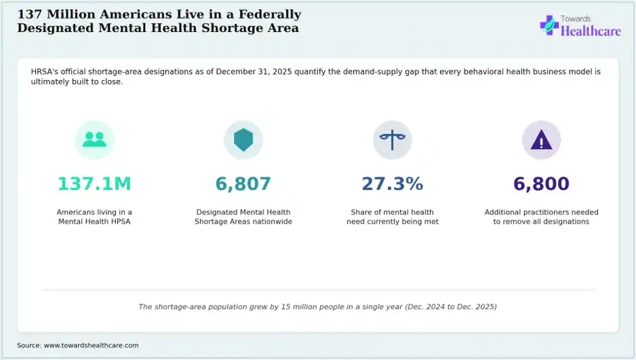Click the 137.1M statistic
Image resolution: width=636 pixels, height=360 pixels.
click(x=94, y=184)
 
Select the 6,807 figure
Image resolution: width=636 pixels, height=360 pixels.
click(x=243, y=184)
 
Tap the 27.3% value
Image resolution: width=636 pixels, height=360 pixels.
click(x=392, y=184)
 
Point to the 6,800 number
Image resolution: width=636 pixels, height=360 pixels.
click(x=541, y=184)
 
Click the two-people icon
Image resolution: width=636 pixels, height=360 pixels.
click(x=94, y=140)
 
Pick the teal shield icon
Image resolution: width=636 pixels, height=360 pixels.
click(x=243, y=140)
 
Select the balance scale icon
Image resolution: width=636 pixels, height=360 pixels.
click(x=392, y=140)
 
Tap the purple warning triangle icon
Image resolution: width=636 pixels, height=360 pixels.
click(x=541, y=141)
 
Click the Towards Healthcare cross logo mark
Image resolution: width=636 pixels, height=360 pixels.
click(x=549, y=25)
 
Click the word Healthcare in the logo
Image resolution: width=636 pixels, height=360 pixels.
click(x=591, y=31)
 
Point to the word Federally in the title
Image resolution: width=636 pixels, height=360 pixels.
click(x=270, y=15)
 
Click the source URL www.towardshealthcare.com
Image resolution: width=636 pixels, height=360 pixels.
click(x=92, y=345)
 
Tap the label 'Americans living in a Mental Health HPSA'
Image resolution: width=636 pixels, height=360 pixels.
click(x=94, y=217)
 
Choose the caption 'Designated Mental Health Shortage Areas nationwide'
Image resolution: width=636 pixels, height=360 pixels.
click(x=243, y=217)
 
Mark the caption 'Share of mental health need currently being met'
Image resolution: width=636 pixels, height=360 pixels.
click(x=393, y=217)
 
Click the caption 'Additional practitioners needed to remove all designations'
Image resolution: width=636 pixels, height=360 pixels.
click(x=542, y=217)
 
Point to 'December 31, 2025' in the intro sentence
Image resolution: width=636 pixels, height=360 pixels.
click(x=254, y=72)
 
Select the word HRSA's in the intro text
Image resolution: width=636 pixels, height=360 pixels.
click(x=45, y=72)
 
